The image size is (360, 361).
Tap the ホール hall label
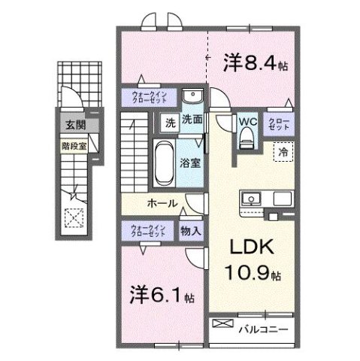pyautogui.click(x=162, y=203)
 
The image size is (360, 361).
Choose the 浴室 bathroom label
pyautogui.click(x=189, y=162)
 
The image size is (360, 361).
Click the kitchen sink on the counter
pyautogui.click(x=250, y=199)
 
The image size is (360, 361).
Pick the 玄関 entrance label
pyautogui.click(x=74, y=126)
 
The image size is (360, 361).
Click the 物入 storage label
pyautogui.click(x=191, y=231)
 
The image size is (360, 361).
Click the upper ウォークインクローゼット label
pyautogui.click(x=150, y=96)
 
